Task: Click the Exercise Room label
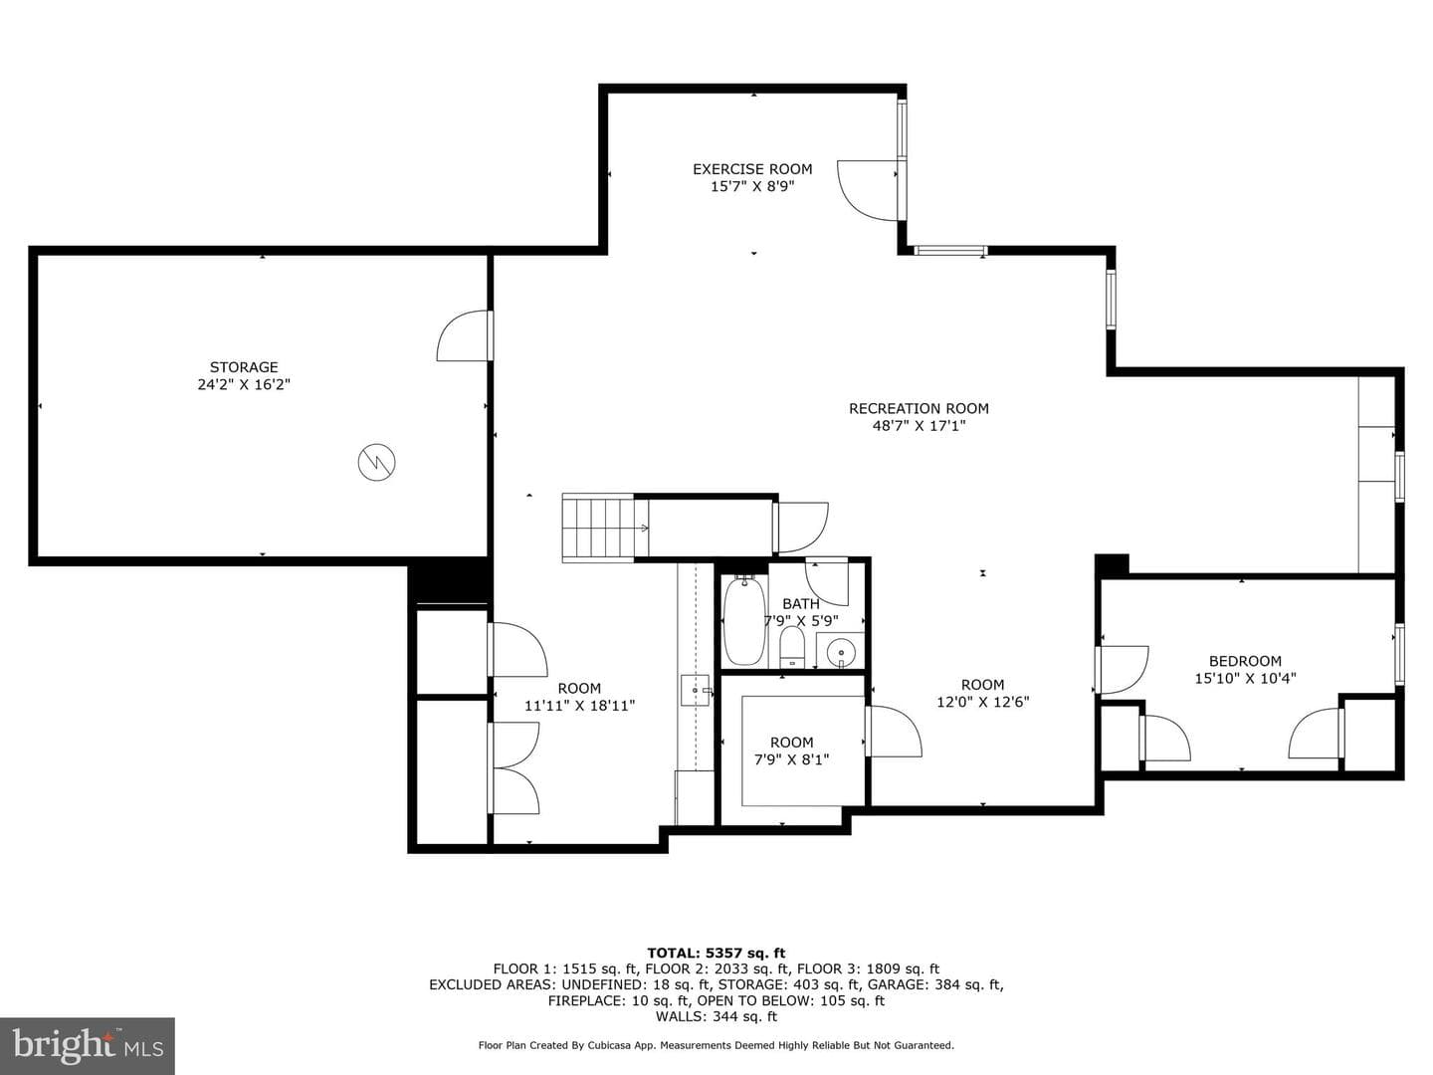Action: tap(752, 169)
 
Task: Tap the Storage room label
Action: tap(244, 367)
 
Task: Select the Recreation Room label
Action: tap(919, 408)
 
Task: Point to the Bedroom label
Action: tap(1245, 661)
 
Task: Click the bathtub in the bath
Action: tap(744, 621)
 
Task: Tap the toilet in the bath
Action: tap(792, 646)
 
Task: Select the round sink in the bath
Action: tap(841, 652)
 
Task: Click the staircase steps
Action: tap(598, 528)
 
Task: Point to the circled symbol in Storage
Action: tap(377, 463)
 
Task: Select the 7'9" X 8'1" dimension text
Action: tap(791, 759)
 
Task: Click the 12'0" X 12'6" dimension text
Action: tap(982, 702)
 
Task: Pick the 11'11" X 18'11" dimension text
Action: tap(579, 705)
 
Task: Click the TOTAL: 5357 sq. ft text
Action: tap(716, 953)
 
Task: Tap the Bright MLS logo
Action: tap(88, 1045)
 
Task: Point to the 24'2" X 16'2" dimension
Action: tap(244, 384)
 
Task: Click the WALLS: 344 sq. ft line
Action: tap(716, 1016)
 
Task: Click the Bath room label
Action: tap(800, 604)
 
